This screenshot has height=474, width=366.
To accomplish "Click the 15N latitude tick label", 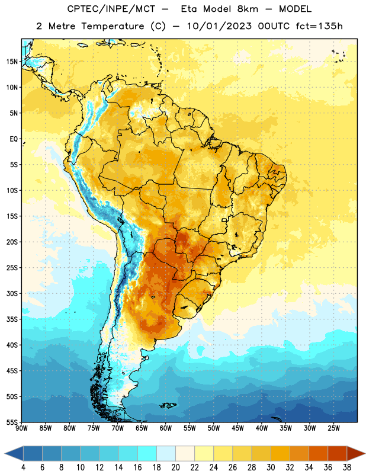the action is pyautogui.click(x=12, y=62).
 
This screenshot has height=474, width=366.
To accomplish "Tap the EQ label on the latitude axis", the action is pyautogui.click(x=14, y=139).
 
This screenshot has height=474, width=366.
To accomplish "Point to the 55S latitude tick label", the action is pyautogui.click(x=12, y=422).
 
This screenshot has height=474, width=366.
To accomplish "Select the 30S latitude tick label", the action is pyautogui.click(x=12, y=293).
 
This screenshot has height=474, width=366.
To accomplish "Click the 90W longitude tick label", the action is pyautogui.click(x=22, y=428).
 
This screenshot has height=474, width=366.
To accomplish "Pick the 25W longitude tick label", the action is pyautogui.click(x=333, y=428).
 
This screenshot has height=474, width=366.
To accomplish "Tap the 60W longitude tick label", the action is pyautogui.click(x=166, y=428).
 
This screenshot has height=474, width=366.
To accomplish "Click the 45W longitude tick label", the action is pyautogui.click(x=238, y=428).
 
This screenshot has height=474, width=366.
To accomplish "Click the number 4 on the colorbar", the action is pyautogui.click(x=23, y=467).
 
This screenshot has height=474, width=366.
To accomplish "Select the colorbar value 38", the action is pyautogui.click(x=347, y=467).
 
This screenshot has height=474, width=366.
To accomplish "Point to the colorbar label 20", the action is pyautogui.click(x=175, y=467).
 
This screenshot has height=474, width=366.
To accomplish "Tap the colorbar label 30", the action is pyautogui.click(x=271, y=467).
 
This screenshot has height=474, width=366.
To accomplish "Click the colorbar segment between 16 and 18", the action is pyautogui.click(x=147, y=454).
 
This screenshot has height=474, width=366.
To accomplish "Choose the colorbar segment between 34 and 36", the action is pyautogui.click(x=319, y=454).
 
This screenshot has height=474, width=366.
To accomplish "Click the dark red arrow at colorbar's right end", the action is pyautogui.click(x=357, y=454).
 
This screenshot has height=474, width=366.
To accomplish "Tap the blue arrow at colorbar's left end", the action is pyautogui.click(x=14, y=454).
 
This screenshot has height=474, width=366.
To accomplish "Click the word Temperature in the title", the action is pyautogui.click(x=113, y=26).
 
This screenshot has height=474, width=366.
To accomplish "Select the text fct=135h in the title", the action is pyautogui.click(x=319, y=26).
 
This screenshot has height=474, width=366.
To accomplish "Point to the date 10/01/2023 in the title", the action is pyautogui.click(x=219, y=26).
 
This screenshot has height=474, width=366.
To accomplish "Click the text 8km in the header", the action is pyautogui.click(x=248, y=9).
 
